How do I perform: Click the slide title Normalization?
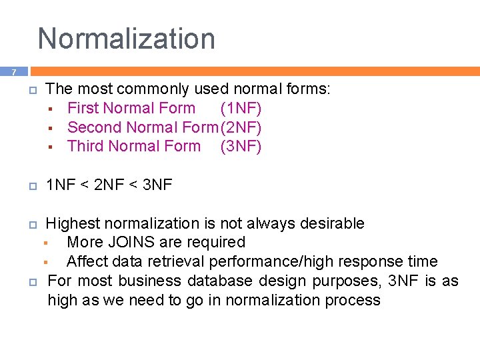tap(127, 39)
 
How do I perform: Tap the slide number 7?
tap(13, 72)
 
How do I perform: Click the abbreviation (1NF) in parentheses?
tap(241, 108)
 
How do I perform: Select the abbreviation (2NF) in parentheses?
tap(241, 127)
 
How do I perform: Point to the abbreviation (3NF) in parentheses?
tap(241, 146)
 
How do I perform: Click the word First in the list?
tap(83, 108)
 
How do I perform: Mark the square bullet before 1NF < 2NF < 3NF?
tap(33, 186)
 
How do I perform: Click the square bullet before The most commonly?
tap(33, 90)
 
